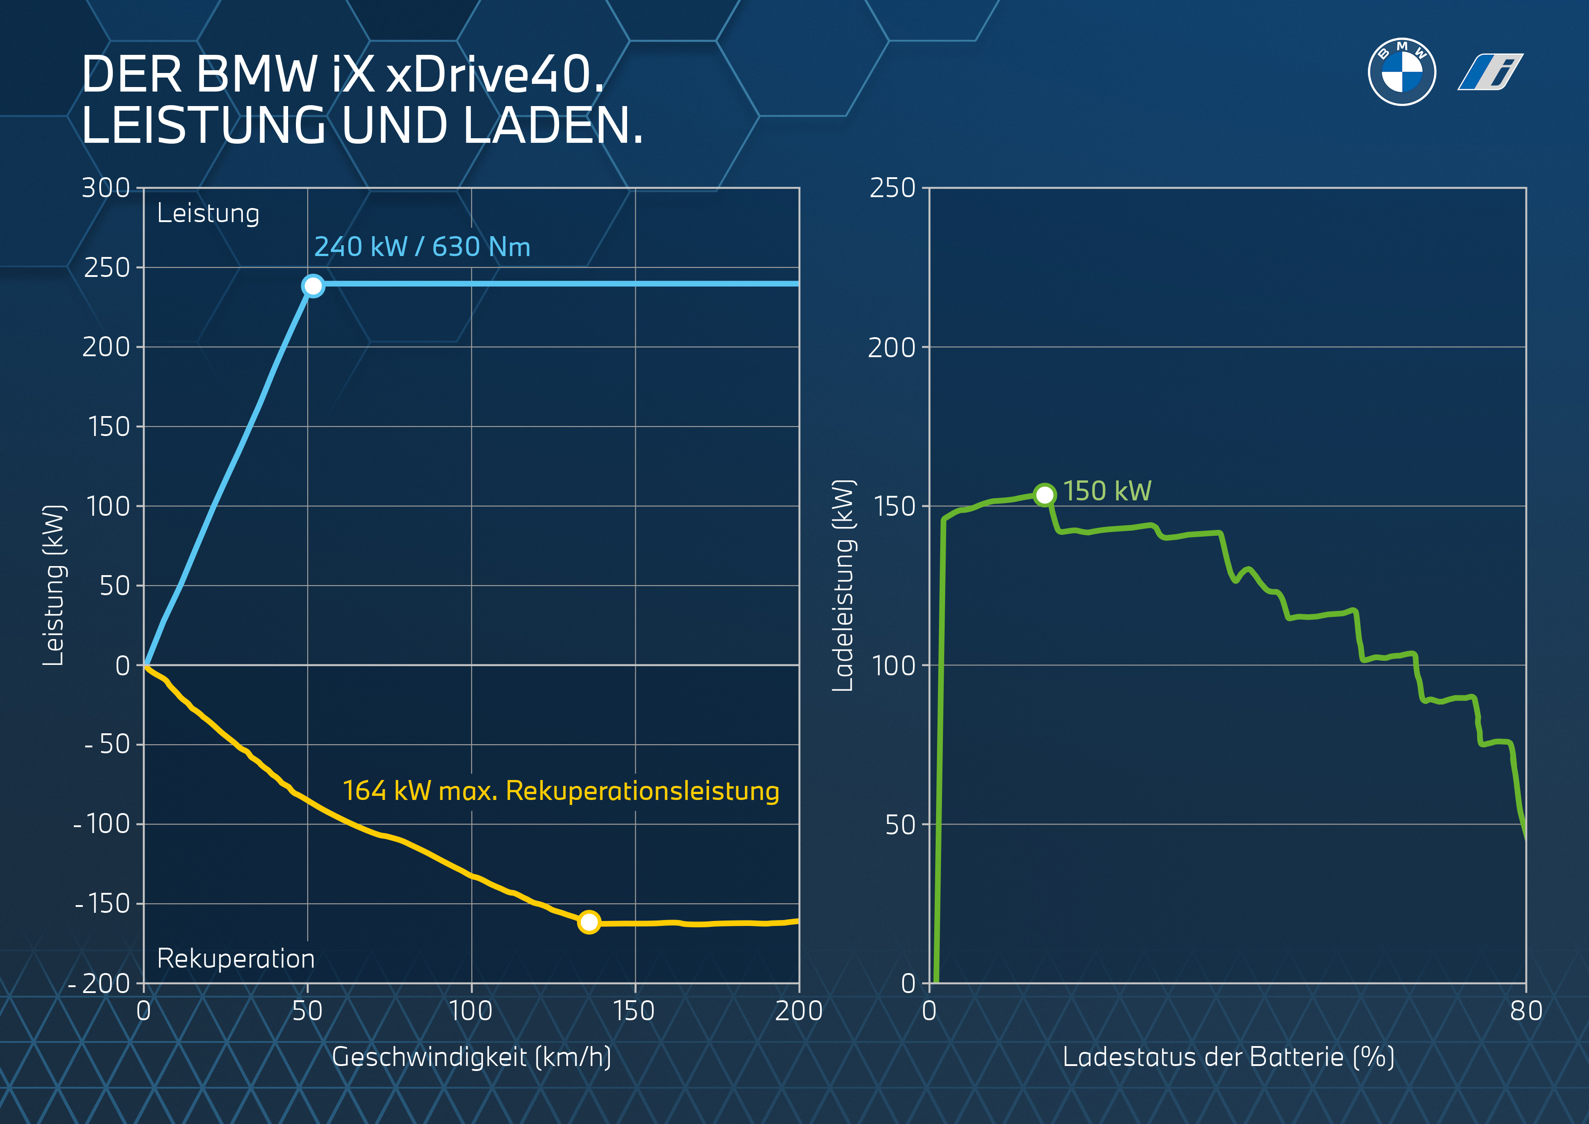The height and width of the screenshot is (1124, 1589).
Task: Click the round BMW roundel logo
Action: pos(1401,72)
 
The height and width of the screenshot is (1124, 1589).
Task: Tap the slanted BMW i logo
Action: pos(1490,72)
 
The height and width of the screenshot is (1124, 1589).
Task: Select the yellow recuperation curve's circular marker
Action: pos(589,922)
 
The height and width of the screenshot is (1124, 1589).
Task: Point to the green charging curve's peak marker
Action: pos(1044,494)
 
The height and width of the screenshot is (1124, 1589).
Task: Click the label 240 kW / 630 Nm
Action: pos(422,247)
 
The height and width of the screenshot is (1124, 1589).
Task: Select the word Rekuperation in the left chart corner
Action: pos(236,959)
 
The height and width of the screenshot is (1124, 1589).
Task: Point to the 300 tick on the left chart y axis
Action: pos(106,188)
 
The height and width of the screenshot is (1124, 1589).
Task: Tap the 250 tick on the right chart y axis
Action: pos(892,188)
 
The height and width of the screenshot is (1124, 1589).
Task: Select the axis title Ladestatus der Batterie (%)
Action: pos(1228,1057)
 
